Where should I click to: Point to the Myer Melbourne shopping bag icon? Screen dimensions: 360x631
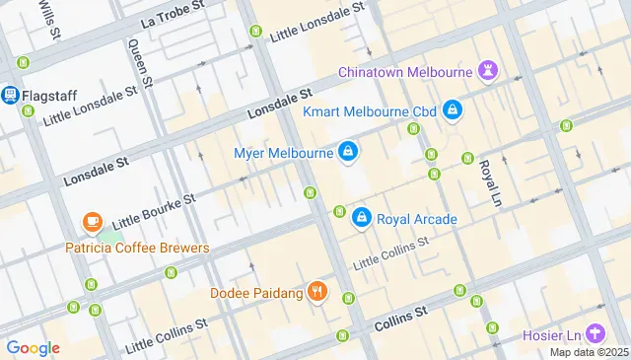point(347,152)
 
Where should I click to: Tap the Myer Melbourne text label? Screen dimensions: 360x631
point(282,153)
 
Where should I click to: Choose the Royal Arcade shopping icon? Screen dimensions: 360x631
point(362,218)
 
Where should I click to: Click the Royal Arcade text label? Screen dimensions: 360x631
point(417,219)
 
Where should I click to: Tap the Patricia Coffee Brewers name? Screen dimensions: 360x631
point(137,248)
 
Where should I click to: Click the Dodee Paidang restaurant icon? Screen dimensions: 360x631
point(315,292)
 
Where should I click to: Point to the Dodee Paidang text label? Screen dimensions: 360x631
point(255,293)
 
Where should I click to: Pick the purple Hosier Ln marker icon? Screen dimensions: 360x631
point(594,334)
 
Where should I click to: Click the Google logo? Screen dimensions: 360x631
point(33,347)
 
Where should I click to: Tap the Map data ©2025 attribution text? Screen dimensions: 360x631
point(589,352)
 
